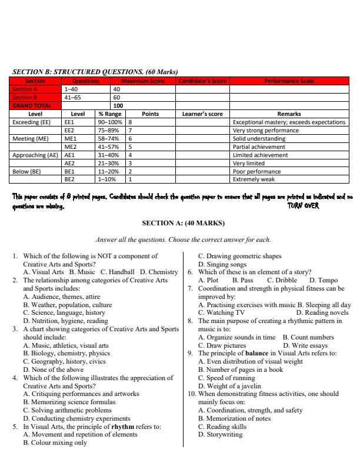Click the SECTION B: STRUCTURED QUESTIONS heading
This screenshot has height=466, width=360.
[95, 72]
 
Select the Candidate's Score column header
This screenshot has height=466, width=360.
[202, 81]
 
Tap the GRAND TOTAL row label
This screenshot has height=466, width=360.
[32, 106]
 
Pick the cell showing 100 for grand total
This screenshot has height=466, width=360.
[118, 106]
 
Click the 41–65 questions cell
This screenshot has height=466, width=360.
[72, 97]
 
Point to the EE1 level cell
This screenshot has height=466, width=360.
[69, 122]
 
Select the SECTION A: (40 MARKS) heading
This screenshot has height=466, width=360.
[180, 224]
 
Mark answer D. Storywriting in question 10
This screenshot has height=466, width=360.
[220, 435]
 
